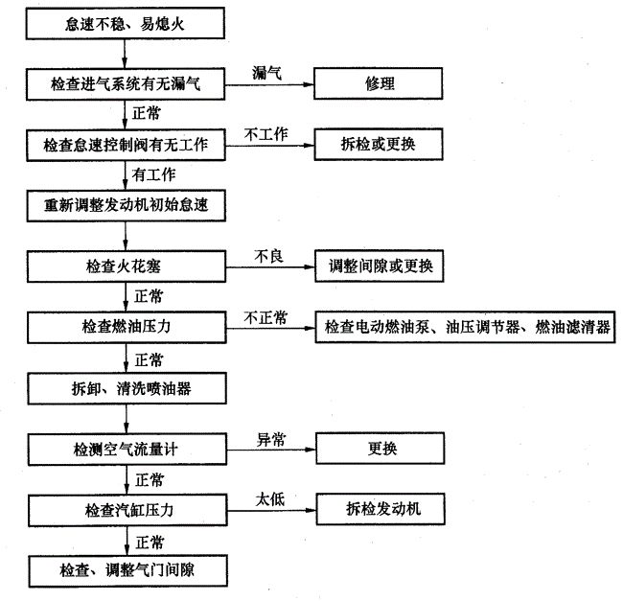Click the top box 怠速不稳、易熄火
pos(126,24)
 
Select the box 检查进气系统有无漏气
pos(126,83)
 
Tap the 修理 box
pos(379,83)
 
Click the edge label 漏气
pos(267,73)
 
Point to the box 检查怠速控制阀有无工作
pos(126,145)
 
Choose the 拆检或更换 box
pos(379,144)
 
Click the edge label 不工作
pos(265,134)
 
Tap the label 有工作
pos(153,174)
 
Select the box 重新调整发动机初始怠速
pos(127,206)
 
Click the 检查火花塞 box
pos(127,266)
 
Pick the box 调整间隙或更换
pos(380,266)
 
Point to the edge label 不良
pos(269,256)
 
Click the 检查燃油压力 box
pos(127,327)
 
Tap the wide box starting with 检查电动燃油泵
pos(465,327)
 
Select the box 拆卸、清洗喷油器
pos(127,388)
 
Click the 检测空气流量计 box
pos(127,450)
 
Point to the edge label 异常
pos(271,439)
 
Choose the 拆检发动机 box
pos(381,509)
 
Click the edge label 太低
pos(270,499)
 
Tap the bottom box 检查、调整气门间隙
pos(127,571)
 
